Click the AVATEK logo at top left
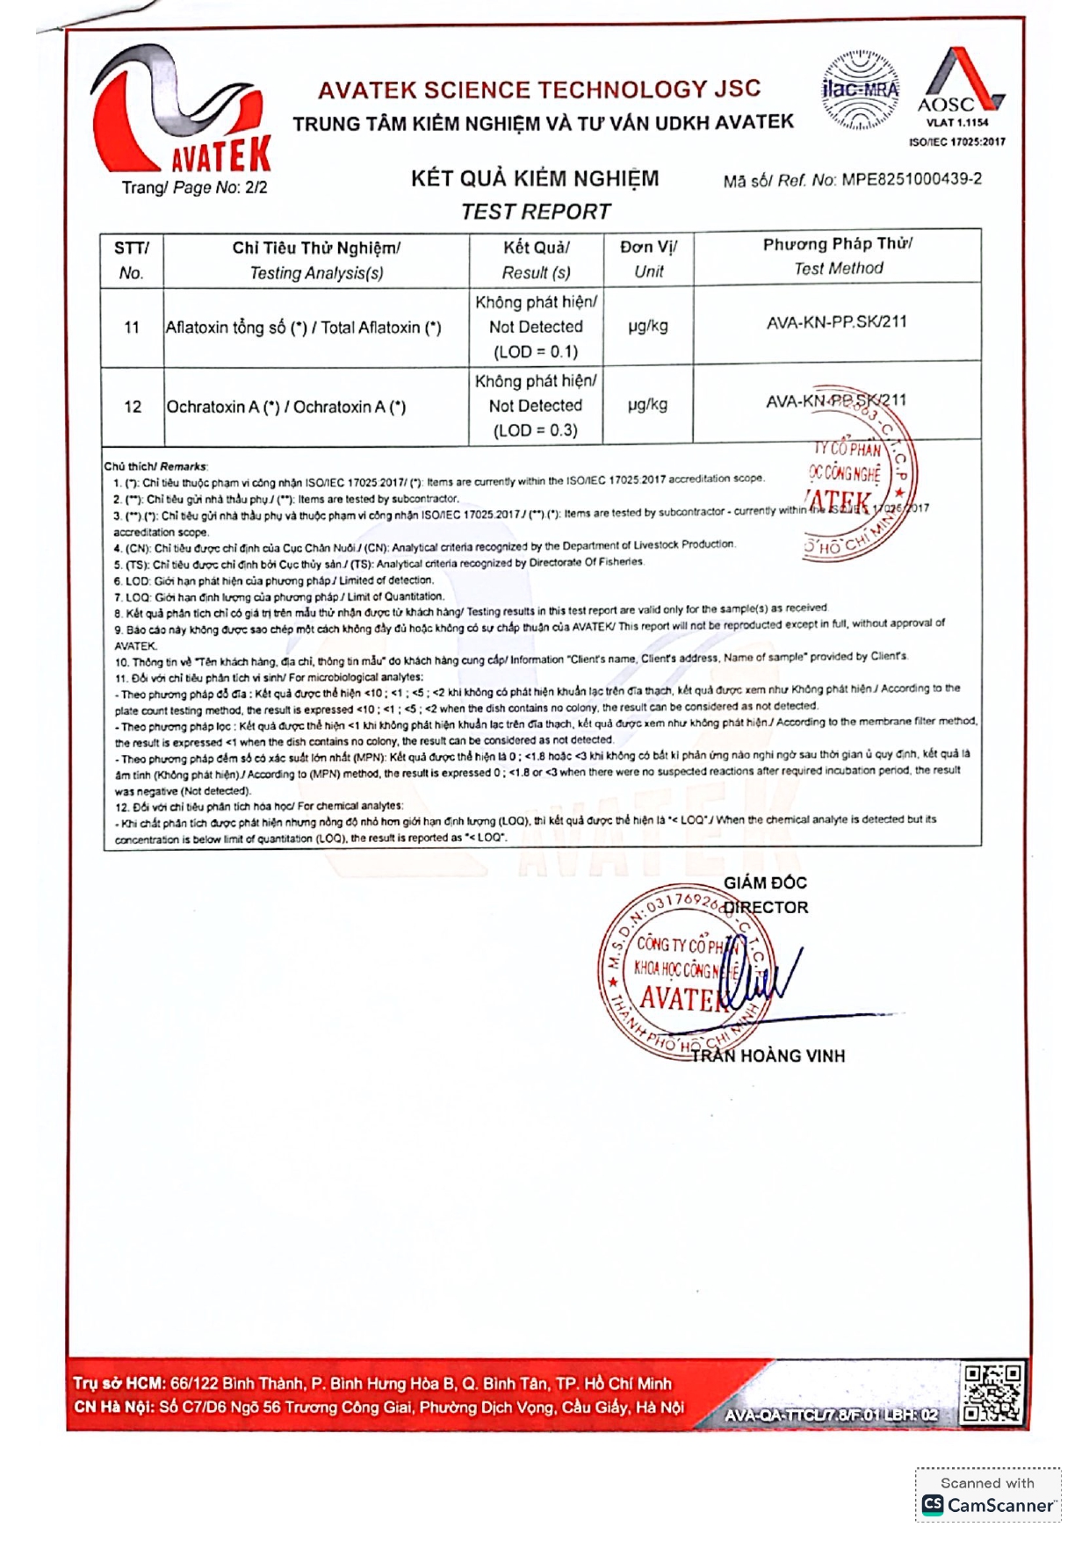181,111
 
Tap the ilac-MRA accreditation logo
860,90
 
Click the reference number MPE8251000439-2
912,179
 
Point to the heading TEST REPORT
536,212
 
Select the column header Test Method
838,269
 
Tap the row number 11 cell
132,328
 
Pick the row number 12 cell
133,407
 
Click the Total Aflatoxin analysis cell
304,328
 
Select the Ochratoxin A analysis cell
286,407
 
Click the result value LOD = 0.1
536,352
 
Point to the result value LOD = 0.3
536,430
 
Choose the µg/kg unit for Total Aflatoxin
648,326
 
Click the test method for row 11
836,322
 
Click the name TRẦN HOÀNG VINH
768,1056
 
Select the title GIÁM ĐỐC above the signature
765,882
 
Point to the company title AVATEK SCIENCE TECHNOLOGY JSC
539,90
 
